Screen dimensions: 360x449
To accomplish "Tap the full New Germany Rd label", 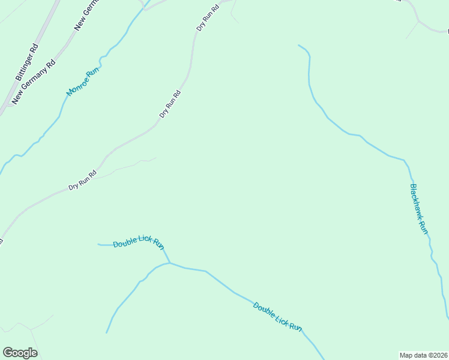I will (34, 81).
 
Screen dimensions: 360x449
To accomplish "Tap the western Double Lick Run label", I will (139, 242).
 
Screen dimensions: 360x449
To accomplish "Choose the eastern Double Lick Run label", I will (277, 316).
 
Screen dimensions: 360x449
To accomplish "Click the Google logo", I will (20, 353).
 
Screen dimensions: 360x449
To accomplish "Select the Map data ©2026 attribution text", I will (424, 355).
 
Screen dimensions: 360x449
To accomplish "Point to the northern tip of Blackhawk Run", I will (298, 45).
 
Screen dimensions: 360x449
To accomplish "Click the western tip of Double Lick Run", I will (98, 244).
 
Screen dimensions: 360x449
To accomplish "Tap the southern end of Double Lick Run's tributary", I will (107, 332).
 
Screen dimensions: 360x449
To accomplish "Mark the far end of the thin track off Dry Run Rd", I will (155, 158).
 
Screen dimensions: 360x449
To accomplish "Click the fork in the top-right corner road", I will (418, 22).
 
